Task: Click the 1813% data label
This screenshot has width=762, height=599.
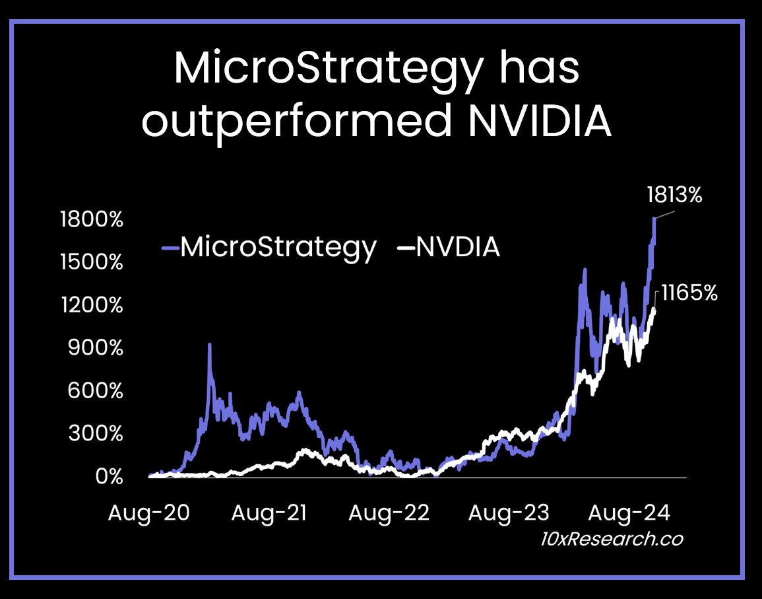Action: coord(674,195)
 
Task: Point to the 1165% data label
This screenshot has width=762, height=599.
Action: coord(689,293)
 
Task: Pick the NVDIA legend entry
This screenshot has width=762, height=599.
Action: coord(449,248)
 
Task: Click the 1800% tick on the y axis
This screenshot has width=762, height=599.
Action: coord(91,219)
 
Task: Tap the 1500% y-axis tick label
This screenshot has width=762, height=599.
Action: coord(91,262)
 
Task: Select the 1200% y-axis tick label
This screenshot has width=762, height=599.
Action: coord(91,305)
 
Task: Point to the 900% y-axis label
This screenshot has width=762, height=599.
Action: coord(96,348)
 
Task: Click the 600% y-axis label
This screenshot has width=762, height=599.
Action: coord(96,391)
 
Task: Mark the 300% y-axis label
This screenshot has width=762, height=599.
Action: coord(96,434)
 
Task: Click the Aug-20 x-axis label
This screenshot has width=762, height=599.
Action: coord(148,512)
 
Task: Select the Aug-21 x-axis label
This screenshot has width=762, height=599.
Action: coord(269,512)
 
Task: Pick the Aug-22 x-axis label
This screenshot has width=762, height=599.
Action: coord(389,512)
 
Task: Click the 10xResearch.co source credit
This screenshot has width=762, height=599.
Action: coord(610,539)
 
